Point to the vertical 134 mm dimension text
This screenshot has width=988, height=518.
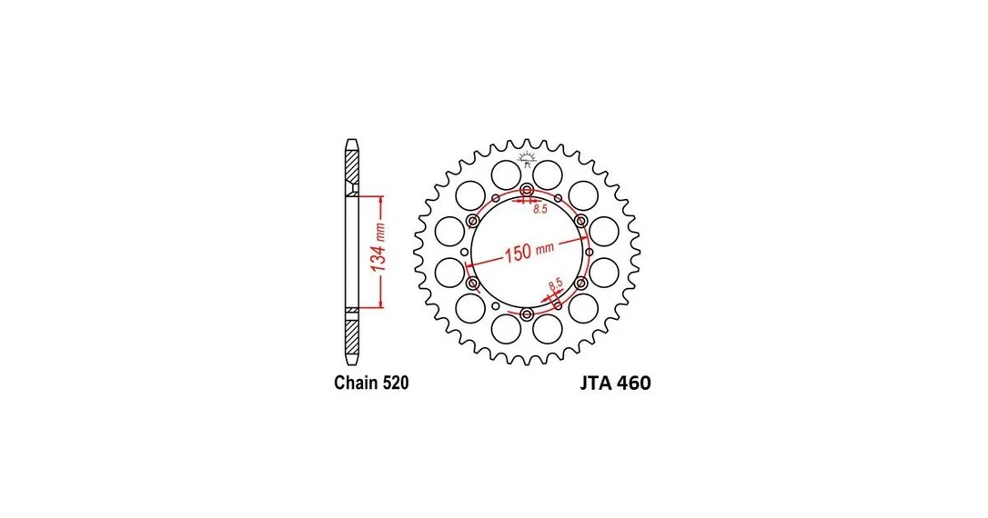(378, 249)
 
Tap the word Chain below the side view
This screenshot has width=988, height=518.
(356, 383)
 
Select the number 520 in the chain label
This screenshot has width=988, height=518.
(396, 383)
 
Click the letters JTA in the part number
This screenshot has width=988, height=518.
(596, 384)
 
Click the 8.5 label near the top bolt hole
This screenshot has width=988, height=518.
(540, 210)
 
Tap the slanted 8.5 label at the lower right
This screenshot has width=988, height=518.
(554, 284)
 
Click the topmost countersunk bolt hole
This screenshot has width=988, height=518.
(527, 190)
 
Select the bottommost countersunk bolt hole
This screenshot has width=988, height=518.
(528, 314)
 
